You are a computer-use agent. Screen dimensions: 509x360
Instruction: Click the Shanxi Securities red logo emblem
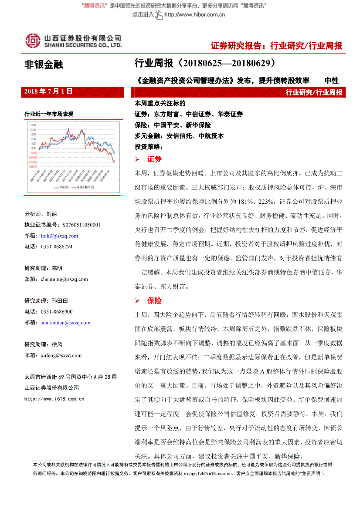[x=32, y=40]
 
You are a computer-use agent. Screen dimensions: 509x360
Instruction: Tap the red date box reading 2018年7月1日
[x=48, y=92]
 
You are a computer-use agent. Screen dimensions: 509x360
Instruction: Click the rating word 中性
[x=331, y=81]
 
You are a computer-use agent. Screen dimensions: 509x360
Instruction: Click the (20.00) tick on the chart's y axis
[x=33, y=166]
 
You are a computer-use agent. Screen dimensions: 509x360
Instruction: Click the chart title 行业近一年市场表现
[x=49, y=115]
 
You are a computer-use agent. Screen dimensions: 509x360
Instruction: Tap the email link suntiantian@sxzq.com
[x=65, y=323]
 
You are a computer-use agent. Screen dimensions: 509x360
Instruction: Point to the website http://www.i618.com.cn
[x=54, y=398]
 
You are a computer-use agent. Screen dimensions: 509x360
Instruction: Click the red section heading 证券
[x=154, y=159]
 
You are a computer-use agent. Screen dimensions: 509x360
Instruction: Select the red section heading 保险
[x=154, y=301]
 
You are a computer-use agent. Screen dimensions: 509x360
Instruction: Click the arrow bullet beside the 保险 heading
[x=138, y=301]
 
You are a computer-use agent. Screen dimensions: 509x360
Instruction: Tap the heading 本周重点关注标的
[x=160, y=104]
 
